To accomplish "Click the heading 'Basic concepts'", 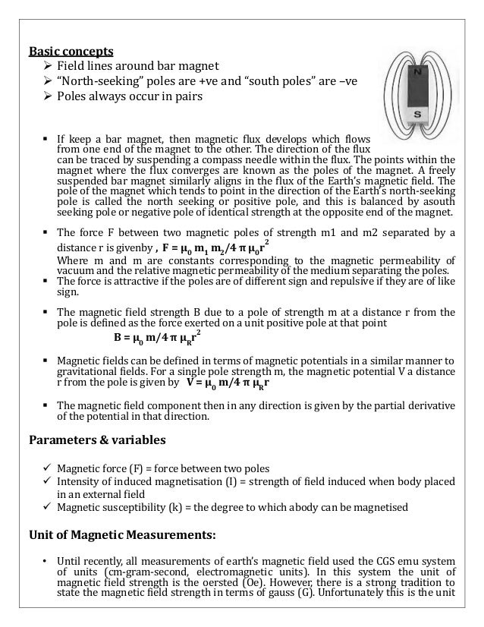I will (x=71, y=52).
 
